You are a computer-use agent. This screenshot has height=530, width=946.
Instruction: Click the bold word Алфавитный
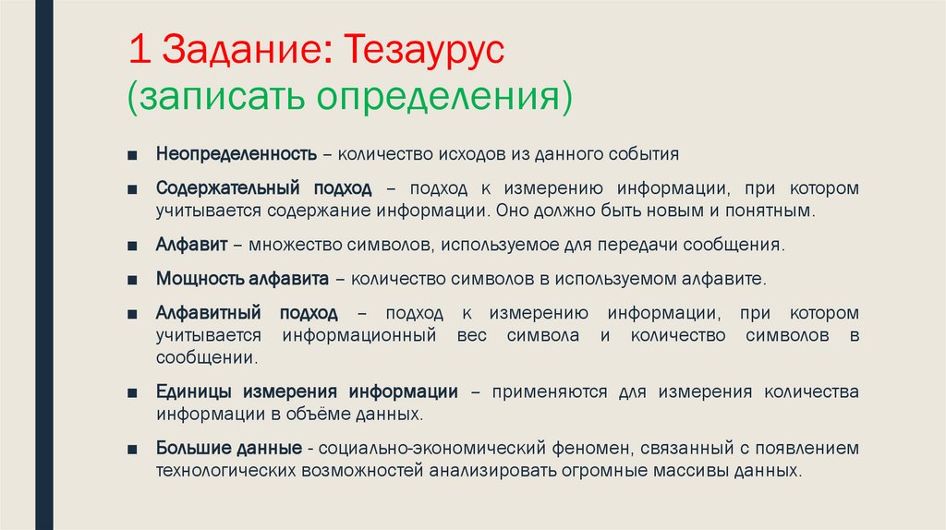(x=204, y=312)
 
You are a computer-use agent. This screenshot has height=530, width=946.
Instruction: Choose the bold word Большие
(x=188, y=448)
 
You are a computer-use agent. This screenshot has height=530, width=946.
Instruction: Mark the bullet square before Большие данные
(x=135, y=449)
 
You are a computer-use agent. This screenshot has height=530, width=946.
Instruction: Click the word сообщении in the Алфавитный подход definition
(x=206, y=357)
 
